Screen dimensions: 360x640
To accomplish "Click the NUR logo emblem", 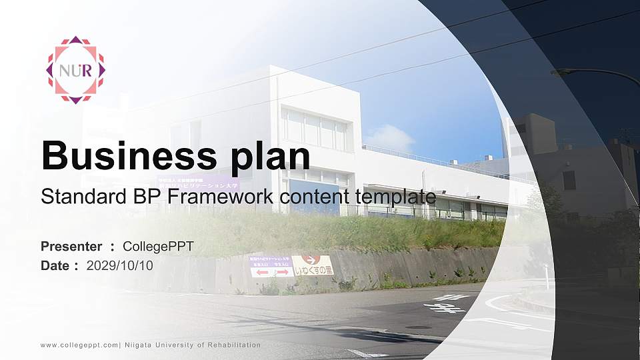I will [75, 70].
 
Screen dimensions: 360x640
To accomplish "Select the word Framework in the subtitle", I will [217, 197].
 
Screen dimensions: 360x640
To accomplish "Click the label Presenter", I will [71, 247].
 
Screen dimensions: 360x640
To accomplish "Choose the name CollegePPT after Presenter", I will [158, 247].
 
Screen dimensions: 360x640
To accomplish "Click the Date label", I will [55, 265].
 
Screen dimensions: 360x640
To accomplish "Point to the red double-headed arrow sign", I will [272, 272].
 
